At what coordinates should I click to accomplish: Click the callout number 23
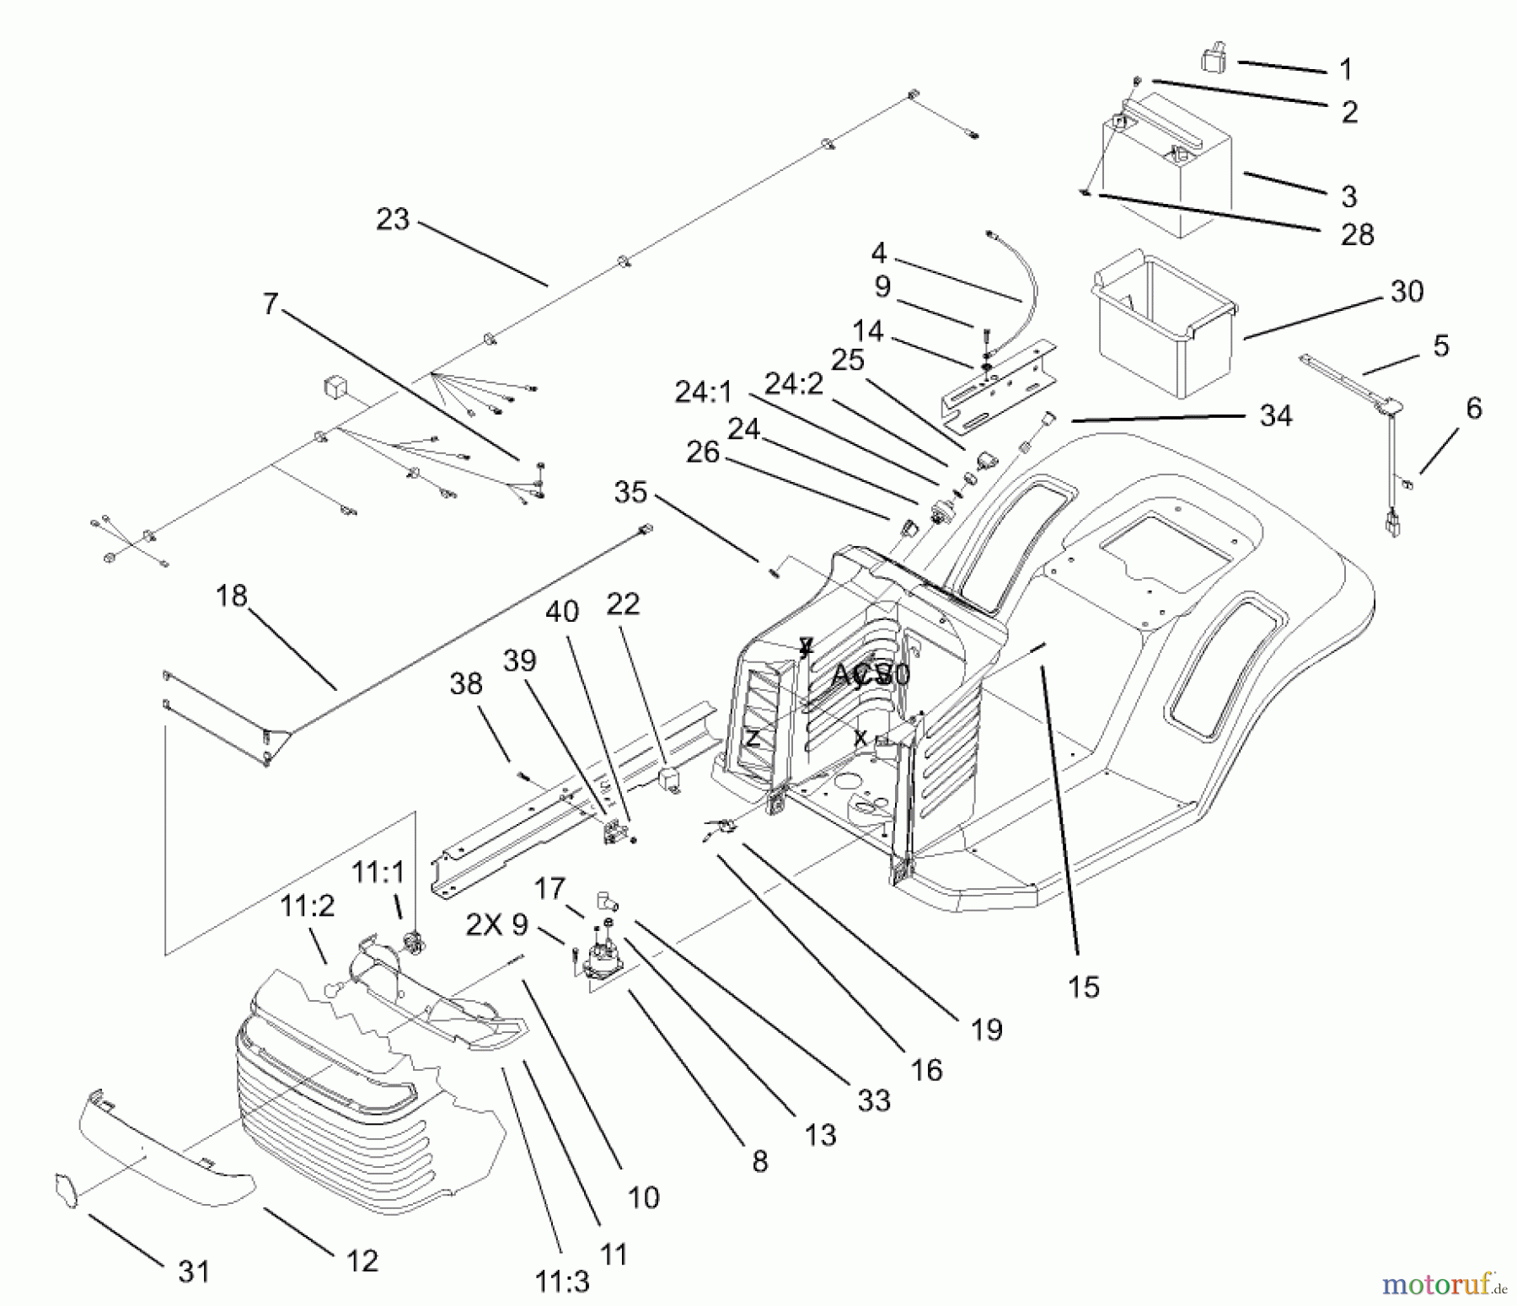tap(393, 220)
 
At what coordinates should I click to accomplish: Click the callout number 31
tap(194, 1271)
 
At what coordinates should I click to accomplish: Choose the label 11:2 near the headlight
tap(307, 907)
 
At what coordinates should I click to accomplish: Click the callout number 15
tap(1083, 987)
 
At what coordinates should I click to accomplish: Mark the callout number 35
tap(630, 492)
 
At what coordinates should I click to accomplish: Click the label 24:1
tap(704, 392)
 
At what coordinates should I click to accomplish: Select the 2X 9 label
tap(497, 925)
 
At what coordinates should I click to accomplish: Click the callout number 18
tap(231, 596)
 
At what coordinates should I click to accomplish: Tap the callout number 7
tap(270, 303)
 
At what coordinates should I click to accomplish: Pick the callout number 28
tap(1357, 234)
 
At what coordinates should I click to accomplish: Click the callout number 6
tap(1473, 409)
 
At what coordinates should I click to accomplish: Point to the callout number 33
tap(874, 1100)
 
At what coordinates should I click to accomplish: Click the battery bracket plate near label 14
tap(999, 383)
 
